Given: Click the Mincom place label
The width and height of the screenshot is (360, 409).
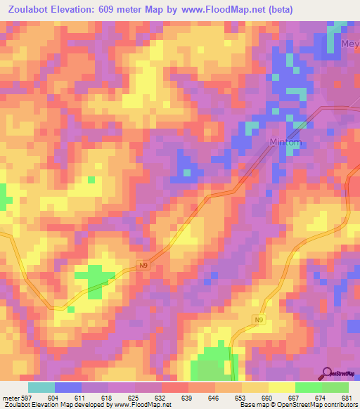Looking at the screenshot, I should click(x=287, y=143).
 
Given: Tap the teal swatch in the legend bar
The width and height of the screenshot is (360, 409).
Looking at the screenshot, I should click(x=41, y=387).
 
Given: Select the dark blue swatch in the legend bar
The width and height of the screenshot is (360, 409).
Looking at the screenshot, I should click(x=68, y=387).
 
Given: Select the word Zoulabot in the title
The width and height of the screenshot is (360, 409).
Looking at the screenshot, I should click(x=32, y=10).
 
